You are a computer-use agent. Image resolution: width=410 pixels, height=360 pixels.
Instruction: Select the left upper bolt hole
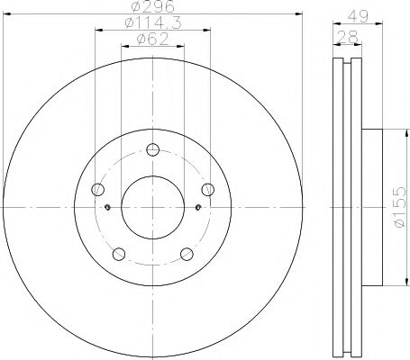click(x=98, y=189)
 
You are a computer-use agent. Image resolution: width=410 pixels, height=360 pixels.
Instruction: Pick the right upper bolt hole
click(x=207, y=189)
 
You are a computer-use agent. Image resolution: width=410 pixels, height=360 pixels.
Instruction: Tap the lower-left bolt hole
click(x=119, y=253)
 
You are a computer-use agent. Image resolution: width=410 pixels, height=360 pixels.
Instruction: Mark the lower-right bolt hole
click(x=187, y=253)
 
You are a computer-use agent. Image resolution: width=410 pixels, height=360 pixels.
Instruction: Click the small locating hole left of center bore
click(x=108, y=208)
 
